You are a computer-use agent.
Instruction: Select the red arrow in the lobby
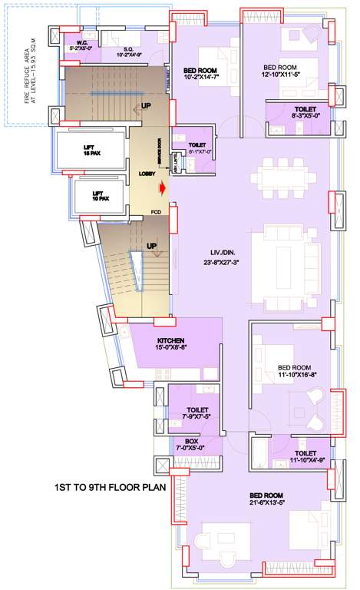tap(162, 187)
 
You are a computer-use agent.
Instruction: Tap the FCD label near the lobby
tap(156, 211)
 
